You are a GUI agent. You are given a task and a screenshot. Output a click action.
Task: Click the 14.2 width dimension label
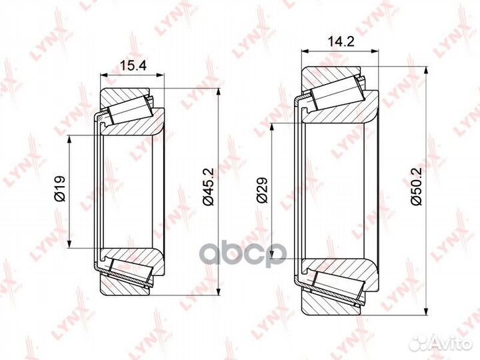[x=341, y=41]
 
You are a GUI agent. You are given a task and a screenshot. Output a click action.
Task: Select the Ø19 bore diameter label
[x=60, y=189]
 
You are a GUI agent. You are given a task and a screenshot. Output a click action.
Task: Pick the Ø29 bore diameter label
[x=263, y=190]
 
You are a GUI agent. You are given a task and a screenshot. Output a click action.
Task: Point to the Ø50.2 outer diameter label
[x=417, y=186]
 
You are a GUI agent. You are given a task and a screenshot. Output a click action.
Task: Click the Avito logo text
[x=450, y=343]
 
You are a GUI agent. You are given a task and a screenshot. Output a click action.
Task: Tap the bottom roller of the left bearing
[x=131, y=271]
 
